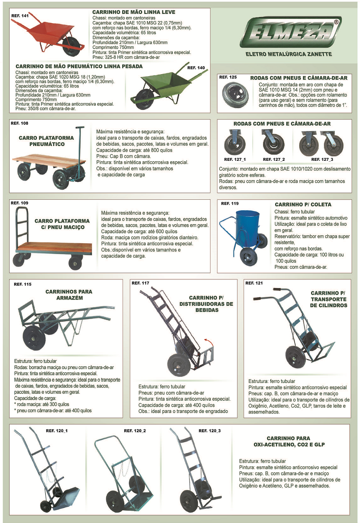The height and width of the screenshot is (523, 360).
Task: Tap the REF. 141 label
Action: coord(20,16)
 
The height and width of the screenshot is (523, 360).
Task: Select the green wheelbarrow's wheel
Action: coord(143,99)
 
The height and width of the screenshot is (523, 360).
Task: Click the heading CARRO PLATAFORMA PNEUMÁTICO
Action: coord(46,141)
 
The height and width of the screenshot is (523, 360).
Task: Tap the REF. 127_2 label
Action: coord(273,160)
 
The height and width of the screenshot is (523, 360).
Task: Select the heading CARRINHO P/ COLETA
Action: coord(303,205)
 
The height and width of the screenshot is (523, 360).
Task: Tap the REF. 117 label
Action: coord(140,283)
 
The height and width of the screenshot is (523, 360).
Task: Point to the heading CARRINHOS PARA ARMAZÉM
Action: coord(69,295)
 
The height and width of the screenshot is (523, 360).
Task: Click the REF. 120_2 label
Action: coord(135,431)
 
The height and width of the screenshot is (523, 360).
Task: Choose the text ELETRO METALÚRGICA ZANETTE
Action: coord(289,54)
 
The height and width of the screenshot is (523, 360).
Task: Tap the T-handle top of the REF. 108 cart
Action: coord(80,128)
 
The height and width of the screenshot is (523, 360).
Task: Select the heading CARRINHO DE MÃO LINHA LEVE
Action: coord(134,12)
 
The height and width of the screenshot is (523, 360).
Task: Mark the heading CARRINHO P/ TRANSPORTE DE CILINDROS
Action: coord(328,299)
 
